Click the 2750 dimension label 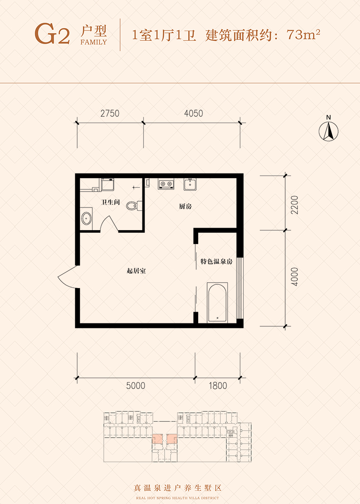(110, 113)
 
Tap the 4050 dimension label (194, 113)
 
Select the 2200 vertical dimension (294, 205)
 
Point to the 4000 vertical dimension (294, 277)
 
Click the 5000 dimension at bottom (136, 386)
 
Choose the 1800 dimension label (218, 386)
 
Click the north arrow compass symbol (328, 131)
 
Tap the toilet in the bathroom (134, 206)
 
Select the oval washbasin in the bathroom (87, 218)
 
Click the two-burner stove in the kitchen (166, 184)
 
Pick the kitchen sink (190, 184)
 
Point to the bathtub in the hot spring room (217, 303)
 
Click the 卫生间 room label (110, 202)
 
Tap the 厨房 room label (185, 206)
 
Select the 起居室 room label (136, 270)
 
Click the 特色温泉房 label (216, 261)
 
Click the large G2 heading (52, 34)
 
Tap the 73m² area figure (303, 34)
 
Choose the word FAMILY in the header (94, 42)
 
